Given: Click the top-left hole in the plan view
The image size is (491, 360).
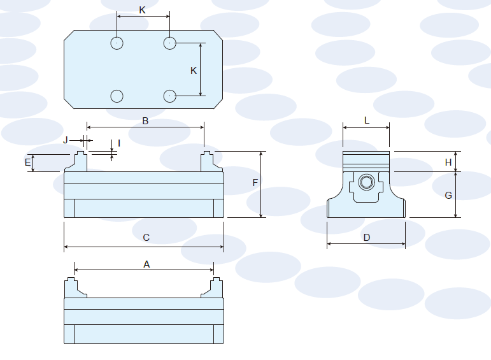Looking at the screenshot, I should point(117,43).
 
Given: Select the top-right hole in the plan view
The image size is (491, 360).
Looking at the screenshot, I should point(169,43).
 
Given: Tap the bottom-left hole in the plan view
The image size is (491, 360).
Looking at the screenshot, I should point(117,96).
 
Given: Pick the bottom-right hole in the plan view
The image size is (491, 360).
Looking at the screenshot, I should point(169,96).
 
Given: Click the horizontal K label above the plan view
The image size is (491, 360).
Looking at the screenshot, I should point(143,10).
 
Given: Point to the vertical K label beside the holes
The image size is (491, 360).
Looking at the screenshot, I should point(194,71).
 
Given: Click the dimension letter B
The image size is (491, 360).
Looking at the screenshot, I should point(145,120).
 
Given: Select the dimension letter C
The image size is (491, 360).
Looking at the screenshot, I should point(146,238).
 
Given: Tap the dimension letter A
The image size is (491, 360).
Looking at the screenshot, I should point(146,264).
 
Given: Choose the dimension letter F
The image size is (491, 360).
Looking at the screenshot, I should point(255,183).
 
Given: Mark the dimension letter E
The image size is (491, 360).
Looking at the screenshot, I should point(27,163).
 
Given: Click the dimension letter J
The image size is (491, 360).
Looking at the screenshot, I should point(65,140).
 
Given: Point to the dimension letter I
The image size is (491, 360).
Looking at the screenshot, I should point(119,143).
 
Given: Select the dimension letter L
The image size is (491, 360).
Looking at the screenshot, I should point(367,120).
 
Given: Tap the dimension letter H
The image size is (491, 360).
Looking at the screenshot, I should point(448,162).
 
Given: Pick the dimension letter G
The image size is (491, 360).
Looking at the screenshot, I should point(448,196).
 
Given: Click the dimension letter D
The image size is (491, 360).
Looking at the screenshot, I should point(367,238).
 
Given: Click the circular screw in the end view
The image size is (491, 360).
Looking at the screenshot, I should point(366,183).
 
